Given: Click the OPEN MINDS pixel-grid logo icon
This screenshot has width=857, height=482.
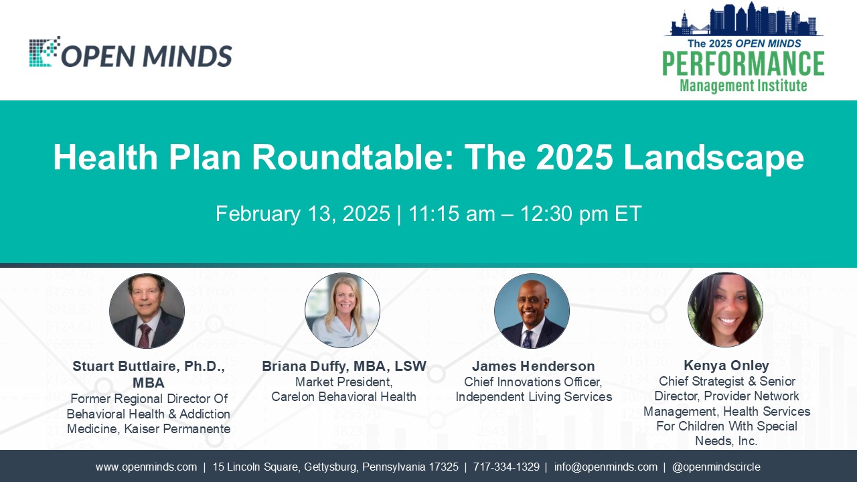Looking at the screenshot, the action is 45,52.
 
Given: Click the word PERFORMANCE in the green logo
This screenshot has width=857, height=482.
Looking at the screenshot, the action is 743,64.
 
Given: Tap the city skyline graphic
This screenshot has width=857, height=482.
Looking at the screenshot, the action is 744,19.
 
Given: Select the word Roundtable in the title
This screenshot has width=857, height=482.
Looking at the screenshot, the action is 352,157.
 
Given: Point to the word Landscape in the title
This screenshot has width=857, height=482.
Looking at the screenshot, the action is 714,158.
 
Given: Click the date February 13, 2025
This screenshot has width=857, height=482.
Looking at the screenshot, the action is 303,214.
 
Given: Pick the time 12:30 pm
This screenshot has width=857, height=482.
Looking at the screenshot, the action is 564,214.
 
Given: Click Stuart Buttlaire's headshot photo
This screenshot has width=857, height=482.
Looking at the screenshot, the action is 147,311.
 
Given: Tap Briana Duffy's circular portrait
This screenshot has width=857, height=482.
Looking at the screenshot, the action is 342,310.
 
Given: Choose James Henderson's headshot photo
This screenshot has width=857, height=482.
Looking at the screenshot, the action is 532,311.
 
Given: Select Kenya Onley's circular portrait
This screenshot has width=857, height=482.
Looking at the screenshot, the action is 725,309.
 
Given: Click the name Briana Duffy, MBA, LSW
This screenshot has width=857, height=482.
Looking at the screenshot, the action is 344,366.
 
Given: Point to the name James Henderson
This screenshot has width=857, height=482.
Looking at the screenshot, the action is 534,366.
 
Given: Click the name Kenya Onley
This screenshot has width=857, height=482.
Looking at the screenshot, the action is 726,366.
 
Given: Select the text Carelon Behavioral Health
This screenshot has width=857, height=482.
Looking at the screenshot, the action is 343,397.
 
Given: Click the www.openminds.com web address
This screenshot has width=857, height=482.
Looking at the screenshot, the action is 146,467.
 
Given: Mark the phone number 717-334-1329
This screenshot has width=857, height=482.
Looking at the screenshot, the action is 506,467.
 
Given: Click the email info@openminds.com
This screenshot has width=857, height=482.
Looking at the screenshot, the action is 606,467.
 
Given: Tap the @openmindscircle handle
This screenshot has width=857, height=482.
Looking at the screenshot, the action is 716,467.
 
